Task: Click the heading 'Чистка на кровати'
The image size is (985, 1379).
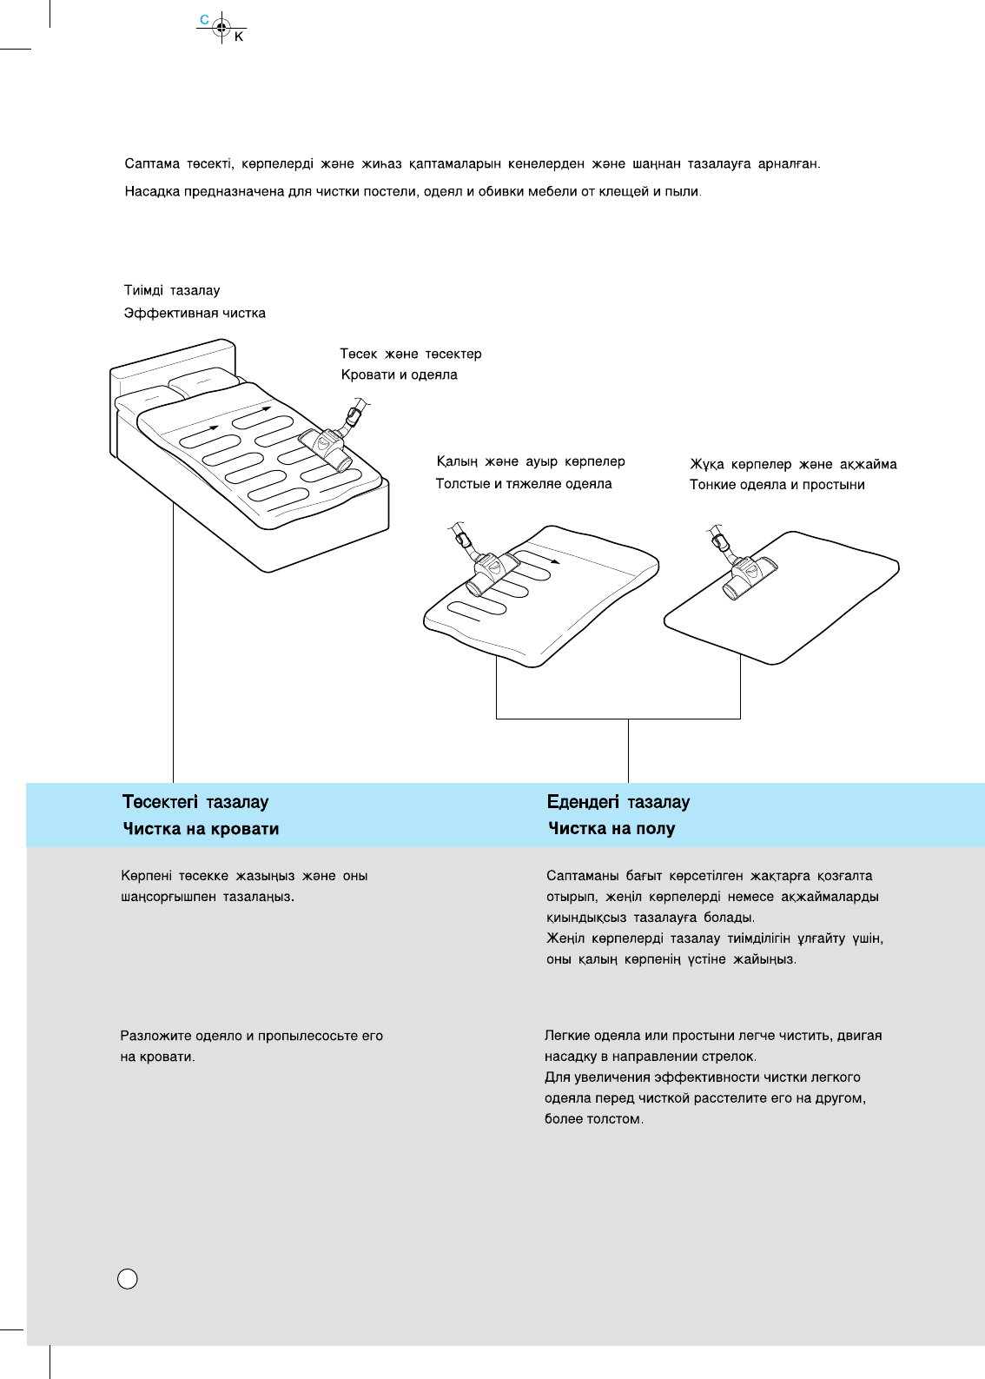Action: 201,829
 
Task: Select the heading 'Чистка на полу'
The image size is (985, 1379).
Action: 611,829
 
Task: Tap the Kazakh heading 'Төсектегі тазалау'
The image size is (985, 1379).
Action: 195,802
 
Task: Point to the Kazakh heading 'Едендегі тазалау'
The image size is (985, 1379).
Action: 618,802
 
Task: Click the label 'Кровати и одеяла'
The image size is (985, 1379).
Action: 399,375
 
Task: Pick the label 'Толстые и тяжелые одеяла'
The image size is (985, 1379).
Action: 524,484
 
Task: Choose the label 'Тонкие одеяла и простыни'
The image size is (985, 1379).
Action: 777,485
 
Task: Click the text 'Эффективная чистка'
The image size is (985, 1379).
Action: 195,314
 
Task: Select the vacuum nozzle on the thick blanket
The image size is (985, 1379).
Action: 487,573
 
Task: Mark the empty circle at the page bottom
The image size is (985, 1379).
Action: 128,1279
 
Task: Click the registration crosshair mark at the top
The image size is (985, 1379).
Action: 221,27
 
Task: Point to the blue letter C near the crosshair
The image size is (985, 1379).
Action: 204,19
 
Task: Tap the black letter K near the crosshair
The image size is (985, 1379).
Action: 239,37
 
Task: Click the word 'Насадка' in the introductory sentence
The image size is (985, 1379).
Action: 152,192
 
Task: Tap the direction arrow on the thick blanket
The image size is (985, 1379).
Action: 553,561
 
